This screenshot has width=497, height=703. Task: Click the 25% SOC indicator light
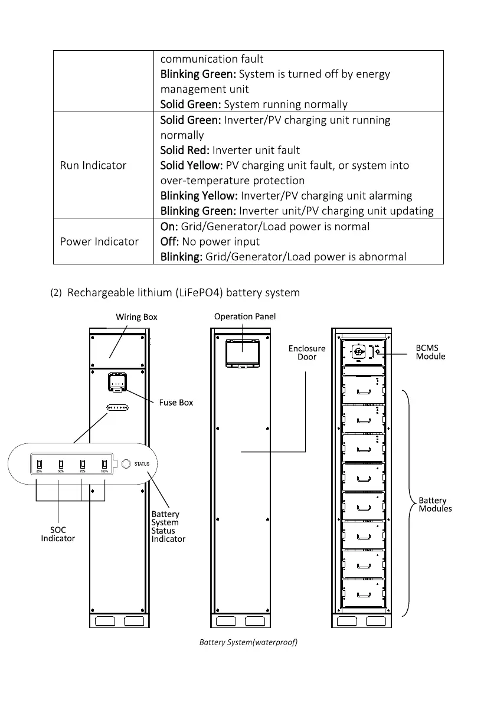[39, 463]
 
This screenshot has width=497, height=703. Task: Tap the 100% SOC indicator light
[104, 463]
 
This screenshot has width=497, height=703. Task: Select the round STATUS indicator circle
[126, 464]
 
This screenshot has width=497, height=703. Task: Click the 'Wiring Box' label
[136, 317]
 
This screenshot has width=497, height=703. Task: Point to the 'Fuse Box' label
[176, 403]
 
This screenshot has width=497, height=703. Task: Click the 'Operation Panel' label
[245, 316]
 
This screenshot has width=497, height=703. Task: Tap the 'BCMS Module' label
[430, 352]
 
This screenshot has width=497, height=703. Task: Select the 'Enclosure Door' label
[307, 353]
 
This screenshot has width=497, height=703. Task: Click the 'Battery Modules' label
[435, 505]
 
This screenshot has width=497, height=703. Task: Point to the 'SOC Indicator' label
[58, 534]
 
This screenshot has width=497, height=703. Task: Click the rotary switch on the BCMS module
[358, 351]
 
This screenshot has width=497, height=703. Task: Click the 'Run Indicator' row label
[93, 165]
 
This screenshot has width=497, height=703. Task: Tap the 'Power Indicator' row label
[99, 241]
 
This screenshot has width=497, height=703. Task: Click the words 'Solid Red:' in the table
[185, 151]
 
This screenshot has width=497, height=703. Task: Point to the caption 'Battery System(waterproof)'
[248, 642]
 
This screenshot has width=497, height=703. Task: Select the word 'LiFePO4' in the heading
[204, 293]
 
